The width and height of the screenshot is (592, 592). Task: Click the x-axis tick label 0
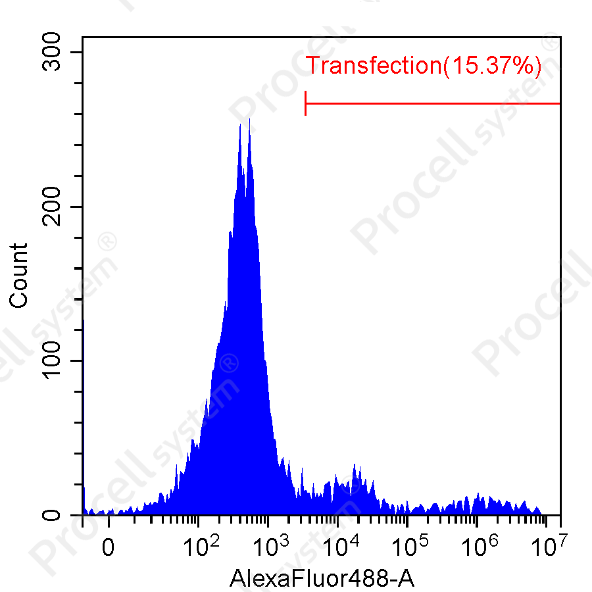(x=109, y=547)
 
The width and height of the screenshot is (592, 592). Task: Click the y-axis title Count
(x=20, y=275)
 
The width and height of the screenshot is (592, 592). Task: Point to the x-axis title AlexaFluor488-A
(x=322, y=578)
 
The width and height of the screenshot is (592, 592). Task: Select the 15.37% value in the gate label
(x=492, y=66)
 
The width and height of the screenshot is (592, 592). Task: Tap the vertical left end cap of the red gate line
(x=306, y=103)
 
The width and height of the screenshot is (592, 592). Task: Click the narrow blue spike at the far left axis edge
(x=84, y=490)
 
